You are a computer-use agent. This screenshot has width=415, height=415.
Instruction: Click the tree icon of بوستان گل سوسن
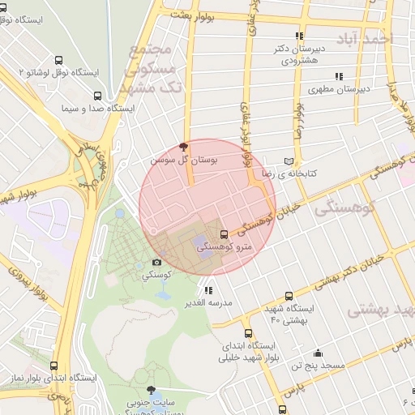click(x=183, y=147)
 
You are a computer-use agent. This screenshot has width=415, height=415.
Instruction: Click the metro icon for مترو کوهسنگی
click(x=225, y=234)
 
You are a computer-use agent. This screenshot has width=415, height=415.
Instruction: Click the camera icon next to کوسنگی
click(x=156, y=263)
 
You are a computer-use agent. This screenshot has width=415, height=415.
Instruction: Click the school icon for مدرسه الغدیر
click(x=208, y=290)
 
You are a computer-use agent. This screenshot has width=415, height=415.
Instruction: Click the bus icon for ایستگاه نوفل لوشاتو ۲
click(x=58, y=61)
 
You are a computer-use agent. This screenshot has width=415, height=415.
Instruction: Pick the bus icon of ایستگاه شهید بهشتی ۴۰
click(x=289, y=297)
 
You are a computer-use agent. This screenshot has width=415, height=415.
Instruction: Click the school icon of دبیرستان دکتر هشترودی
click(x=299, y=36)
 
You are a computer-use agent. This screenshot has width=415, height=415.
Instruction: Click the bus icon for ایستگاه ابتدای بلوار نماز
click(x=54, y=366)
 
